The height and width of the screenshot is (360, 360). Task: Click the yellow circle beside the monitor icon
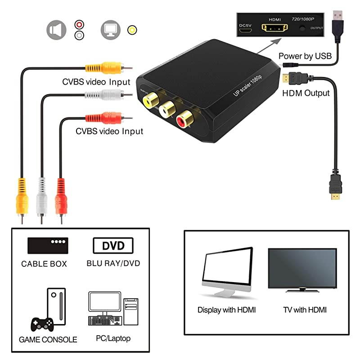point(132,30)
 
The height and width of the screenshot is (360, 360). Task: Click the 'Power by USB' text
point(305,56)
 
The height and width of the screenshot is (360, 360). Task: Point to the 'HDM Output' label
point(306,93)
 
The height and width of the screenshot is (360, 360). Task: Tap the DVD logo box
point(113,246)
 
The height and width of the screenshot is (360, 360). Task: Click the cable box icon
point(48,245)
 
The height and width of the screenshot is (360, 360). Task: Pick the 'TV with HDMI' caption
point(305,310)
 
